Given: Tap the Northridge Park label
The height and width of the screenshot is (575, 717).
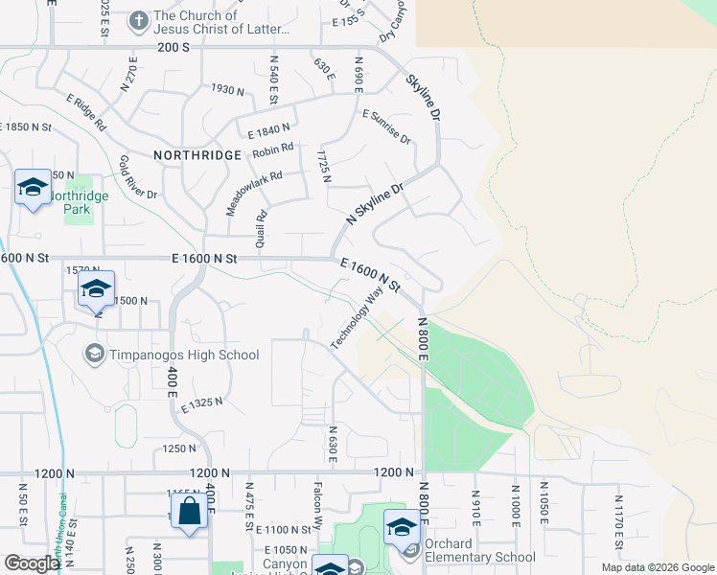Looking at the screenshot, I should tap(80, 202).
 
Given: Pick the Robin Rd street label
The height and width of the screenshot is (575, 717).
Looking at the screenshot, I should tap(273, 151).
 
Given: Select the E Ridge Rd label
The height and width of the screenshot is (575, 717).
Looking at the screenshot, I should tap(86, 112).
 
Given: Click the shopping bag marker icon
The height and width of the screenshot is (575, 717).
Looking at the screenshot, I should tap(190, 511).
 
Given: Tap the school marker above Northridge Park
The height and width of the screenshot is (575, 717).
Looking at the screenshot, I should tap(32, 187).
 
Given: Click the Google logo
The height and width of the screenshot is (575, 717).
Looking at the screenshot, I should tap(32, 563).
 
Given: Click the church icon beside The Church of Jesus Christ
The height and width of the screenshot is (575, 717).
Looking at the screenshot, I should tap(139, 19).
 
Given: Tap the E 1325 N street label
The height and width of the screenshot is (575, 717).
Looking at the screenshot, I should tap(201, 406).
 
